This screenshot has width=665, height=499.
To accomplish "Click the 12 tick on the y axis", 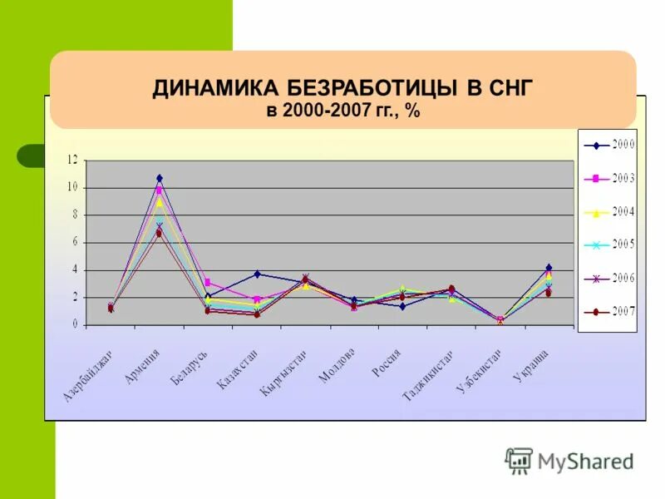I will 72,160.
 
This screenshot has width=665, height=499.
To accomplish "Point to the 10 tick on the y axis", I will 72,187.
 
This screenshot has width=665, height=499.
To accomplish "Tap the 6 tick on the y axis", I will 75,242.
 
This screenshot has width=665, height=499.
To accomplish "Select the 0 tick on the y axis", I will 75,324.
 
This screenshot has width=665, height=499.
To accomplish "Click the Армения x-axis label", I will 142,366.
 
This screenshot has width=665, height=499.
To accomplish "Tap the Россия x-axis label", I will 387,364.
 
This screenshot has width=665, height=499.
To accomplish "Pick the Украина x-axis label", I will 530,366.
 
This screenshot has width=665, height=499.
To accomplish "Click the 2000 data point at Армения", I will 160,178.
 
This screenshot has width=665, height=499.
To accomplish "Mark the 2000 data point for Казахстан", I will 257,274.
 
